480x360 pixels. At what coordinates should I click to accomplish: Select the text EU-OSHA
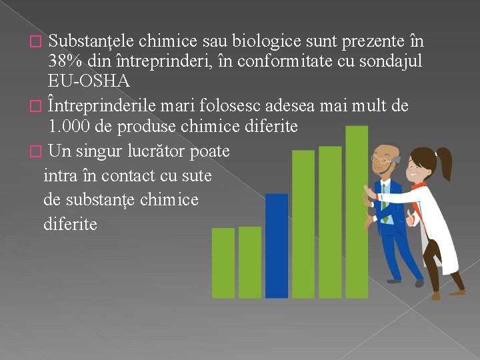coord(89,81)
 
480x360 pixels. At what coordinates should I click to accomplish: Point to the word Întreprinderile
coord(107,106)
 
